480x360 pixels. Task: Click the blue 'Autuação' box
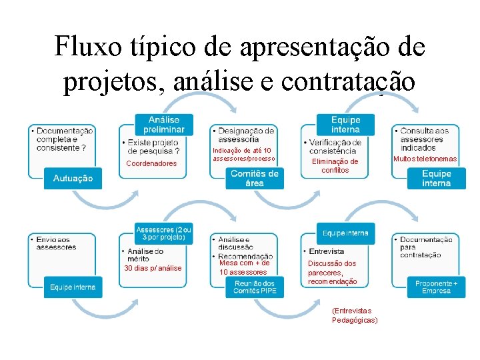click(73, 179)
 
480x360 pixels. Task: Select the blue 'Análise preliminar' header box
click(163, 124)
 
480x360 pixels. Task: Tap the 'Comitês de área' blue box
click(254, 178)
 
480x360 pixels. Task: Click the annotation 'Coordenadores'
click(152, 163)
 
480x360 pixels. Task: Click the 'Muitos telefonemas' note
click(425, 159)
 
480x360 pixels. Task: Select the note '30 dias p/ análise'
click(153, 268)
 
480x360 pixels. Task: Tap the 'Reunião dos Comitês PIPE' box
click(254, 287)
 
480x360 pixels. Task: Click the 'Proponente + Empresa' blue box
click(436, 287)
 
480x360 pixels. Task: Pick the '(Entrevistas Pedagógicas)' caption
click(355, 315)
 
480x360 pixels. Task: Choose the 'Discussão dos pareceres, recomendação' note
click(332, 272)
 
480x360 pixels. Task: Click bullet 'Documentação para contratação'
click(428, 247)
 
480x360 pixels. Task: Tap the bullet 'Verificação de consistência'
click(336, 147)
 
